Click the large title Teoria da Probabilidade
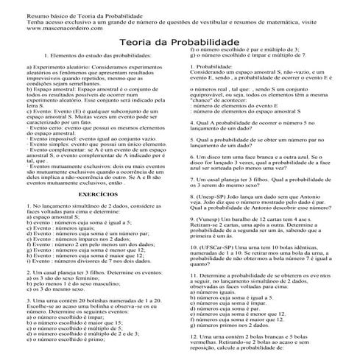click(x=180, y=44)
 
